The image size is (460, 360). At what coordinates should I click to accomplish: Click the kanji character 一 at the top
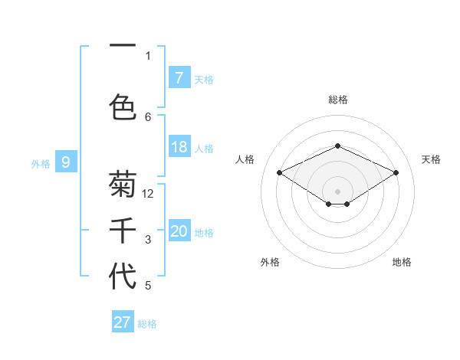(123, 47)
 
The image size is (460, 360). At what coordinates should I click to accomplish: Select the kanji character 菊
(123, 184)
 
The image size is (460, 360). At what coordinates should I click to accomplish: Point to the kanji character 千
(123, 231)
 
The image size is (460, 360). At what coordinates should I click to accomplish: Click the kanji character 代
(123, 276)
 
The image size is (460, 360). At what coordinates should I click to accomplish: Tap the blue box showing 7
(179, 77)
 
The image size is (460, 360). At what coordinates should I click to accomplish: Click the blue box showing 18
(179, 147)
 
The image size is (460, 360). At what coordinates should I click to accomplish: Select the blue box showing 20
(179, 231)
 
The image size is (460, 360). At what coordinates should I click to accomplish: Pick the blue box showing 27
(123, 322)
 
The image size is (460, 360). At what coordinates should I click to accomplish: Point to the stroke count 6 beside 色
(148, 116)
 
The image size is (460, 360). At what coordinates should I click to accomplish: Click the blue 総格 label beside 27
(147, 324)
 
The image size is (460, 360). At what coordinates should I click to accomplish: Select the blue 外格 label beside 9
(41, 162)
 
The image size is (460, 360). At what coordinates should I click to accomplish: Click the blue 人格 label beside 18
(204, 148)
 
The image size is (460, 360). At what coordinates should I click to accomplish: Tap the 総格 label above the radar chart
(337, 100)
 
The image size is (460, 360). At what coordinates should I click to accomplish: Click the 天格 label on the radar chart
(431, 159)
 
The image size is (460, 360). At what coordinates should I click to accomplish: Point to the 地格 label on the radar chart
(402, 262)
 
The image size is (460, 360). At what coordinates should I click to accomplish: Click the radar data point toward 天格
(396, 172)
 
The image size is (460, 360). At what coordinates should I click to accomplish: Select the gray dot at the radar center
(337, 190)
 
